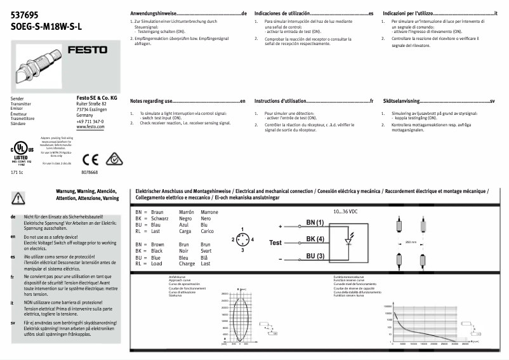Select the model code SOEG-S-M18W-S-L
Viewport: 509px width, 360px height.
[47, 27]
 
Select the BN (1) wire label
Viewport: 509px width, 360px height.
[315, 223]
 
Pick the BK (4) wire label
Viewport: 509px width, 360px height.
[315, 239]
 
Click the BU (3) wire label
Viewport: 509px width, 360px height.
[315, 256]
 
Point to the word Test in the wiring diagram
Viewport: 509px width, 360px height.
[275, 243]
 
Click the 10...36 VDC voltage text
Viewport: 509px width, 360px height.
[346, 210]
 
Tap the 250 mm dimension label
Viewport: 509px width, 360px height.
[411, 242]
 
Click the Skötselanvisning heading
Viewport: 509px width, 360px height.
[401, 101]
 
